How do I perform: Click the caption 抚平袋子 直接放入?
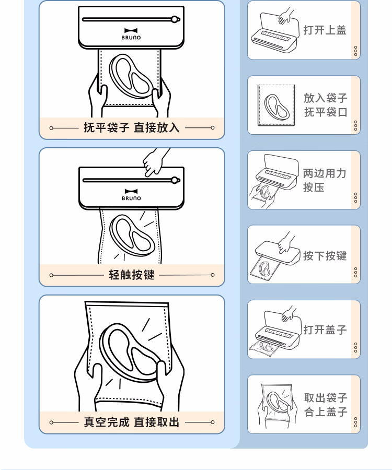point(132,128)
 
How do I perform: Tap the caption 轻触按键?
point(132,275)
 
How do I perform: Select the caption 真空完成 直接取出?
point(132,422)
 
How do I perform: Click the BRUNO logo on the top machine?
point(131,34)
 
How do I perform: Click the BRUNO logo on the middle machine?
point(131,195)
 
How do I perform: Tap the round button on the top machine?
point(175,19)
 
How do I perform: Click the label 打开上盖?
point(325,30)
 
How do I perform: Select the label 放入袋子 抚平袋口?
point(325,105)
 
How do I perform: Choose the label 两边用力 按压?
point(324,180)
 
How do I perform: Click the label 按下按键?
point(325,255)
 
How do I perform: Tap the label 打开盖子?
point(325,330)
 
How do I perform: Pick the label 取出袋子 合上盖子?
point(326,405)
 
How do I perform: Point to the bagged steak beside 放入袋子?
point(276,106)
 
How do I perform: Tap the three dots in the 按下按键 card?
point(355,273)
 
